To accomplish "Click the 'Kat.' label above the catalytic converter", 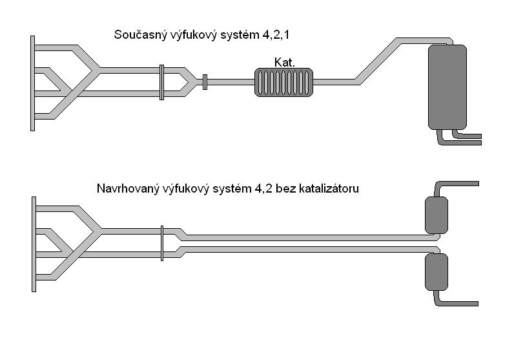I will [284, 62].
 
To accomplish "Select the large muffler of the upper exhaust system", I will [447, 87].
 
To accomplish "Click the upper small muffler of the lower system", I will [436, 215].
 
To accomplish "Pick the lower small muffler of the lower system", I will [436, 272].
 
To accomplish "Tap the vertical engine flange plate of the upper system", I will [32, 83].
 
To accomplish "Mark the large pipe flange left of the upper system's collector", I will [161, 82].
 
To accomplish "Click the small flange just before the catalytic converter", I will [205, 82].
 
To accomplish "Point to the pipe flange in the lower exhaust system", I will [161, 243].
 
